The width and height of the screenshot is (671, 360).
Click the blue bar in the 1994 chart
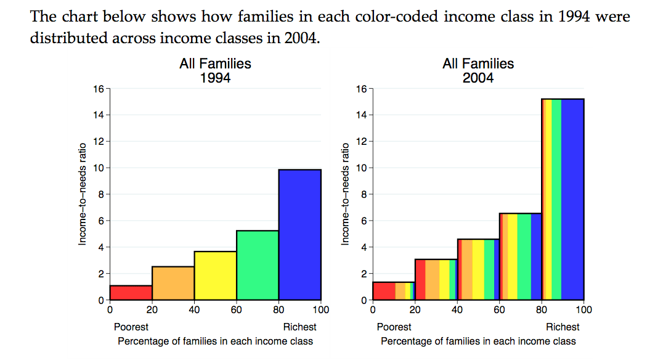point(299,234)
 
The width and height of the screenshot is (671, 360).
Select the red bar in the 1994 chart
point(131,293)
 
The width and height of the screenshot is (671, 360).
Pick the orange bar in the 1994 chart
point(173,283)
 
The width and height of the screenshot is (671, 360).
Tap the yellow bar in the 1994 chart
point(215,276)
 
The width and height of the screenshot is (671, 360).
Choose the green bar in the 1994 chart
point(258,265)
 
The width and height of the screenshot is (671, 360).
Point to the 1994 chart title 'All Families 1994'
point(215,71)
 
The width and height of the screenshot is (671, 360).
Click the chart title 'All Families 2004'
point(478,71)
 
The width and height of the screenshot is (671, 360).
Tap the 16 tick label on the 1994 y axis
point(99,89)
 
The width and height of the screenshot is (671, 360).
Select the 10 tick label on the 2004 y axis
point(362,168)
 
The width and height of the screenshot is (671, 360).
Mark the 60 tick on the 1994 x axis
point(236,309)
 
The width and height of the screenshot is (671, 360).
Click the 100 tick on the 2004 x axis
point(584,309)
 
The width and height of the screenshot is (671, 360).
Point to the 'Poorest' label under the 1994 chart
point(131,327)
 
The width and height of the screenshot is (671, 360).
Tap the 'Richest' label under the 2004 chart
point(563,327)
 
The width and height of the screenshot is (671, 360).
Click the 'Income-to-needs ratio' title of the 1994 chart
point(82,194)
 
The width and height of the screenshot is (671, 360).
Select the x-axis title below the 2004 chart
point(478,341)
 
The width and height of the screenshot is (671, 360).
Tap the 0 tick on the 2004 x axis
point(373,309)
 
